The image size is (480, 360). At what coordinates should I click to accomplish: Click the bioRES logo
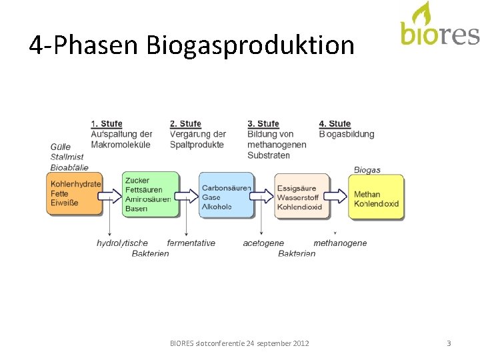pos(439,26)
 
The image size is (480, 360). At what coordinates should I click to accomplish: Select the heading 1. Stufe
pos(107,124)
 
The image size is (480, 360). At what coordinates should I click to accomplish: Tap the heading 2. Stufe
pos(185,124)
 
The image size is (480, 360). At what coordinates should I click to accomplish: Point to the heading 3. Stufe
pos(263,124)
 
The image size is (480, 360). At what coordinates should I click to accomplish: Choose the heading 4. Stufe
pos(335,124)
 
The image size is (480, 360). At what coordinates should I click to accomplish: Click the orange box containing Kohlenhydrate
pos(74,194)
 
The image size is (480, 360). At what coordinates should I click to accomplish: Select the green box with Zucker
pos(151,194)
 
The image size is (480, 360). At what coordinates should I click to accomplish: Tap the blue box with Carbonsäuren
pos(226,195)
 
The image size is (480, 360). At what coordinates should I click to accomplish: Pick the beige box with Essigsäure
pos(301,197)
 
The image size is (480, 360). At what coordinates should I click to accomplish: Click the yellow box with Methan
pos(375,197)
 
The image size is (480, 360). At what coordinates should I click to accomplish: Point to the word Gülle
pos(61,147)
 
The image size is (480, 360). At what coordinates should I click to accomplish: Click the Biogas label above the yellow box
pos(367,170)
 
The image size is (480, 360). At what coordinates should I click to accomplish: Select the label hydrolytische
pos(122,243)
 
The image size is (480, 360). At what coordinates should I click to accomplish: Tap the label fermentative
pos(191,243)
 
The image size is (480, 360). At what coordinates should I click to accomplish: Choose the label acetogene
pos(263,243)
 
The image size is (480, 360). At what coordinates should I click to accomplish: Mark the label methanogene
pos(340,243)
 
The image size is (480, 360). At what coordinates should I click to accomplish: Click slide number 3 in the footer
pos(449,343)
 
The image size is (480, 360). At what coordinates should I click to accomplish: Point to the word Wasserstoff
pos(299,198)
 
